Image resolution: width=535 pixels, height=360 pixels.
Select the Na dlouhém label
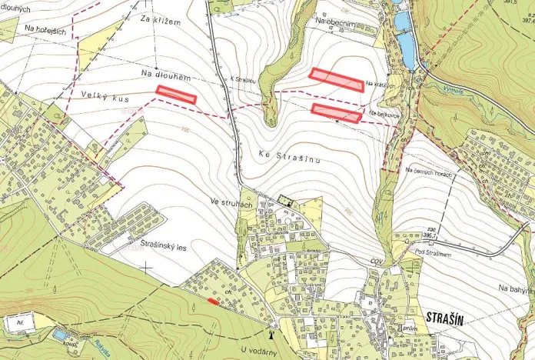(x=165, y=75)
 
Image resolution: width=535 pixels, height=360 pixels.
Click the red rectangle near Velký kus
(x=176, y=94)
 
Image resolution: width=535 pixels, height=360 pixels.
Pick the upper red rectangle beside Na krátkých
(x=336, y=79)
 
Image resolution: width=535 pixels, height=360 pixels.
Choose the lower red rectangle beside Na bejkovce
(x=336, y=112)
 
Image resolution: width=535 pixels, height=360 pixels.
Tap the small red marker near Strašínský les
(x=213, y=301)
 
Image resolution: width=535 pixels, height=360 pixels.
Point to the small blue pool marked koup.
(x=59, y=335)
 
